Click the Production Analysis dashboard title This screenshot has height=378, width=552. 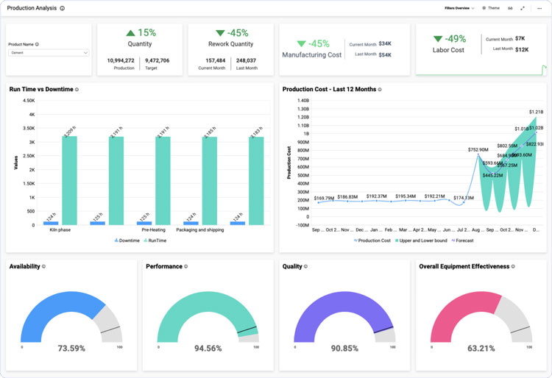click(31, 8)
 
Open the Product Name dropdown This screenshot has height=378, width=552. click(49, 53)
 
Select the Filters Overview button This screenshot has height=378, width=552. click(459, 8)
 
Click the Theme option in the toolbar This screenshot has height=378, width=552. click(491, 8)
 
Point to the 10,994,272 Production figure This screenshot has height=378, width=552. click(121, 60)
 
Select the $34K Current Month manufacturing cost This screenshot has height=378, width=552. click(385, 43)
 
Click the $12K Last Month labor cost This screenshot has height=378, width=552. click(521, 49)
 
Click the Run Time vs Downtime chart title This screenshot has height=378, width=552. click(41, 89)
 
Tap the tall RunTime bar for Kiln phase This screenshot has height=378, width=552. click(69, 180)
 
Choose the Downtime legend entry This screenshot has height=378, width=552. click(127, 240)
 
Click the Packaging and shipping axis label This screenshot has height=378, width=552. click(200, 229)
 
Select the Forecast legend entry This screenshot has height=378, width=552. click(462, 240)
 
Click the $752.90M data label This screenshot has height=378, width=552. click(478, 149)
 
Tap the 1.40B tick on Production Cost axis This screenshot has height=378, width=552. click(302, 100)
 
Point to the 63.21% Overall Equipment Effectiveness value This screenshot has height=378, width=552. click(481, 348)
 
